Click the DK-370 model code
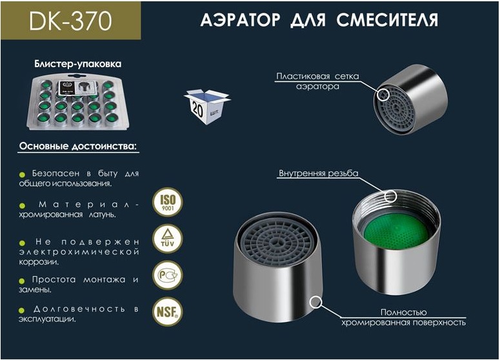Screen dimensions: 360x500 point(70,22)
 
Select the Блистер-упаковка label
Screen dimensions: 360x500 point(77,65)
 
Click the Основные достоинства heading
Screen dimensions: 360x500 point(78,146)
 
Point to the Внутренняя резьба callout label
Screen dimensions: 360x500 point(318,174)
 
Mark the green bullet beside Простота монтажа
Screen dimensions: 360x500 point(22,280)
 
